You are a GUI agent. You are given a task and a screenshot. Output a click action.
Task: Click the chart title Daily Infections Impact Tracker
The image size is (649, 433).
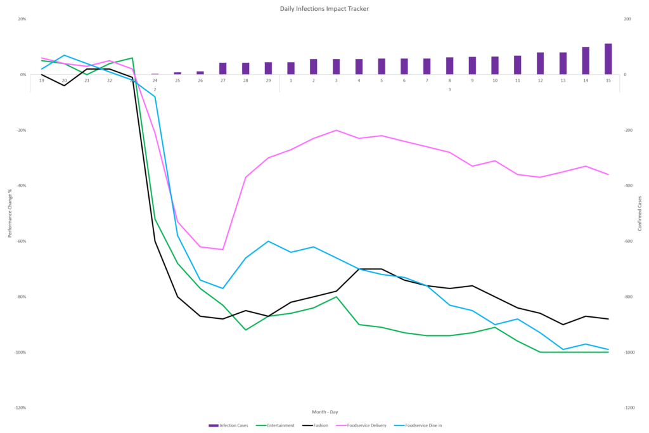coord(324,9)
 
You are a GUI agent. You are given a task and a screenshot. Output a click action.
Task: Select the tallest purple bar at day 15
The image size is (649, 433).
coord(608,58)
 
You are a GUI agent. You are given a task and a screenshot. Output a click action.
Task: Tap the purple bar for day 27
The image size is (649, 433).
coord(222,68)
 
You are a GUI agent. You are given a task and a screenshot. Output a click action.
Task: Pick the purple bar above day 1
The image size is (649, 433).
coord(291,68)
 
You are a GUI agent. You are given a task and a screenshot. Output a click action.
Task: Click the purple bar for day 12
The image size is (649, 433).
coord(540,63)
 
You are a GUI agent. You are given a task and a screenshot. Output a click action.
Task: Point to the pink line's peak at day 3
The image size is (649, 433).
coord(336,130)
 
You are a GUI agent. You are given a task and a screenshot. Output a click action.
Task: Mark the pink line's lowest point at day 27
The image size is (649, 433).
coord(222,249)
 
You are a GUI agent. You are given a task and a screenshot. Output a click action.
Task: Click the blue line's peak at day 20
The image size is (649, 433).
coord(64,55)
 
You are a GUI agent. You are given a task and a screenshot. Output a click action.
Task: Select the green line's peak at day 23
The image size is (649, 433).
coord(132,58)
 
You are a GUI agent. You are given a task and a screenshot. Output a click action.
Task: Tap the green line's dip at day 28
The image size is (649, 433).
coord(246,330)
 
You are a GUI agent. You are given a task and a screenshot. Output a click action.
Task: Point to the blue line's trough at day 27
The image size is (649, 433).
coord(222,288)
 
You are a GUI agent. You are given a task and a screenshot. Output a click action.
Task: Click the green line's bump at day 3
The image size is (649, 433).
coord(336,296)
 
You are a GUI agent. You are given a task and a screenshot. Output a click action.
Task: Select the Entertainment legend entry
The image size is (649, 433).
coord(275,425)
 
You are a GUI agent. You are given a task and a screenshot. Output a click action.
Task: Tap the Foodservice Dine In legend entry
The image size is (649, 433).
coord(418,425)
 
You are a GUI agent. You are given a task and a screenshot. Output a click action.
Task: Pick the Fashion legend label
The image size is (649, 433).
coord(321,425)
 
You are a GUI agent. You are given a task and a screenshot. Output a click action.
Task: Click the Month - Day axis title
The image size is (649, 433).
coord(324,412)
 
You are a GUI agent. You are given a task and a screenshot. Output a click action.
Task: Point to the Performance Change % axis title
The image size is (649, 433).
coord(9,216)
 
